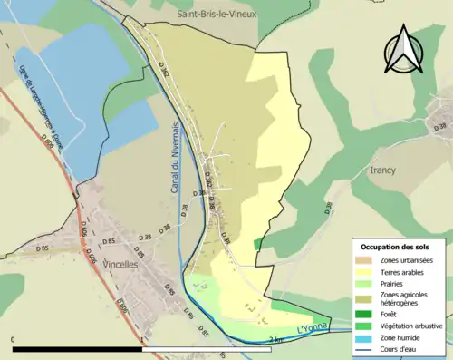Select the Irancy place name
[x=383, y=170]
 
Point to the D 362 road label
[x=164, y=68]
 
